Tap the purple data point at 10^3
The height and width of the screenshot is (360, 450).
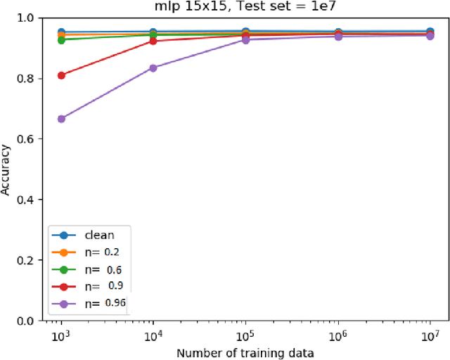coord(61,119)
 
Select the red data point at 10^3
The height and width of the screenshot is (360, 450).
coord(61,75)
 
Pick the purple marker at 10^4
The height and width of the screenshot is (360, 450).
coord(153,68)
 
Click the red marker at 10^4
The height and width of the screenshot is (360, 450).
coord(153,41)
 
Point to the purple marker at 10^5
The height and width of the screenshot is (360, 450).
coord(245,39)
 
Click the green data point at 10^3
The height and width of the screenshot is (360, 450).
coord(61,40)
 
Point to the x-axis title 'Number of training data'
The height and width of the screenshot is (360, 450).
coord(245,352)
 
